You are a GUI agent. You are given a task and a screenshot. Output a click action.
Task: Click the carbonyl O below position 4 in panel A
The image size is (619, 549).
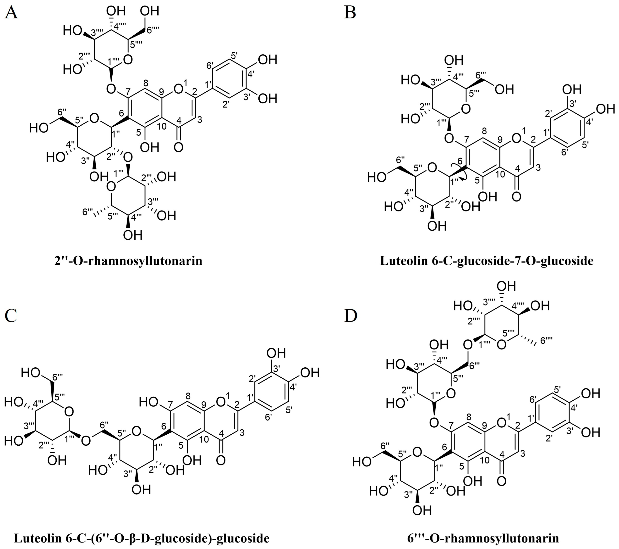[179, 148]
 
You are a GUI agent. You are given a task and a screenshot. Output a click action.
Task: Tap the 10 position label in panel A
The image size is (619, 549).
[162, 126]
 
